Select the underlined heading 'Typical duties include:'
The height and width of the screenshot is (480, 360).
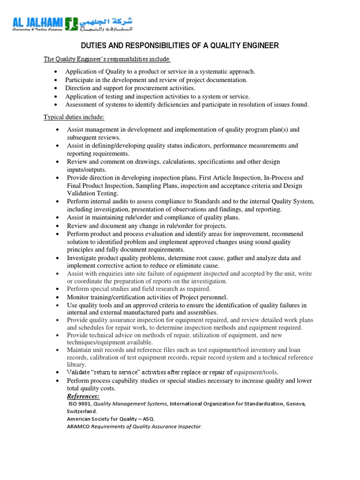(x=74, y=117)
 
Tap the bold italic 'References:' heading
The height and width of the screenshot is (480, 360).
(x=83, y=396)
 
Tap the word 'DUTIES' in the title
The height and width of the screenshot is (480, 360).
(x=93, y=45)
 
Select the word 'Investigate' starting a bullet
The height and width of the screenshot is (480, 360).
(x=83, y=258)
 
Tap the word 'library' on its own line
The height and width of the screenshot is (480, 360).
(x=76, y=364)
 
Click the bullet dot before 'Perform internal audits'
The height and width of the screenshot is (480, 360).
(x=57, y=202)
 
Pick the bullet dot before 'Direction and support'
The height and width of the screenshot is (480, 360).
(x=56, y=88)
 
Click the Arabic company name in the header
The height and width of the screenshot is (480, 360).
(x=105, y=22)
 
